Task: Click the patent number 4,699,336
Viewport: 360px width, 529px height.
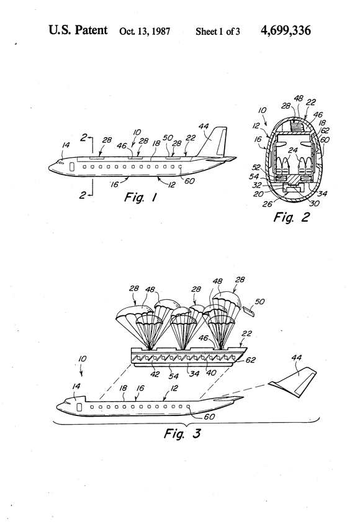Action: click(x=286, y=30)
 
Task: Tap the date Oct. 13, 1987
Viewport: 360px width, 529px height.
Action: click(x=145, y=32)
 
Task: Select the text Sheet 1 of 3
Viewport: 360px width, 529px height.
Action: click(x=218, y=32)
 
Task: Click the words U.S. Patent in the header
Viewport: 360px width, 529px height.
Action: click(x=78, y=30)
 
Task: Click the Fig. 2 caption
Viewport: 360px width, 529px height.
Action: click(x=291, y=217)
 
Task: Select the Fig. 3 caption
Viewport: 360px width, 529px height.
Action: click(x=182, y=433)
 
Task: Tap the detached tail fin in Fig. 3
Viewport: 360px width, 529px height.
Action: click(x=294, y=381)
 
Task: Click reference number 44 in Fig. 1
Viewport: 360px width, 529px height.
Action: click(x=204, y=127)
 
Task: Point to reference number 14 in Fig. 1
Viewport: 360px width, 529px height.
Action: click(x=66, y=145)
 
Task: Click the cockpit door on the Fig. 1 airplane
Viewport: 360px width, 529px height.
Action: click(x=71, y=166)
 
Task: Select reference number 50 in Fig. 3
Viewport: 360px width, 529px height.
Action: click(x=259, y=301)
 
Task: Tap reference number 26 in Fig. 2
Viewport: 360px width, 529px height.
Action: click(x=268, y=204)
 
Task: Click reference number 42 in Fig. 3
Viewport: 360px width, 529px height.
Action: click(x=155, y=374)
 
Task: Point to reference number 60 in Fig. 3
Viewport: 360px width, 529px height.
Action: click(x=209, y=417)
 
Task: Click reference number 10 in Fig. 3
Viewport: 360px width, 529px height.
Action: click(x=83, y=359)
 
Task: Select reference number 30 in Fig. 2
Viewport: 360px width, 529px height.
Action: click(x=314, y=203)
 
